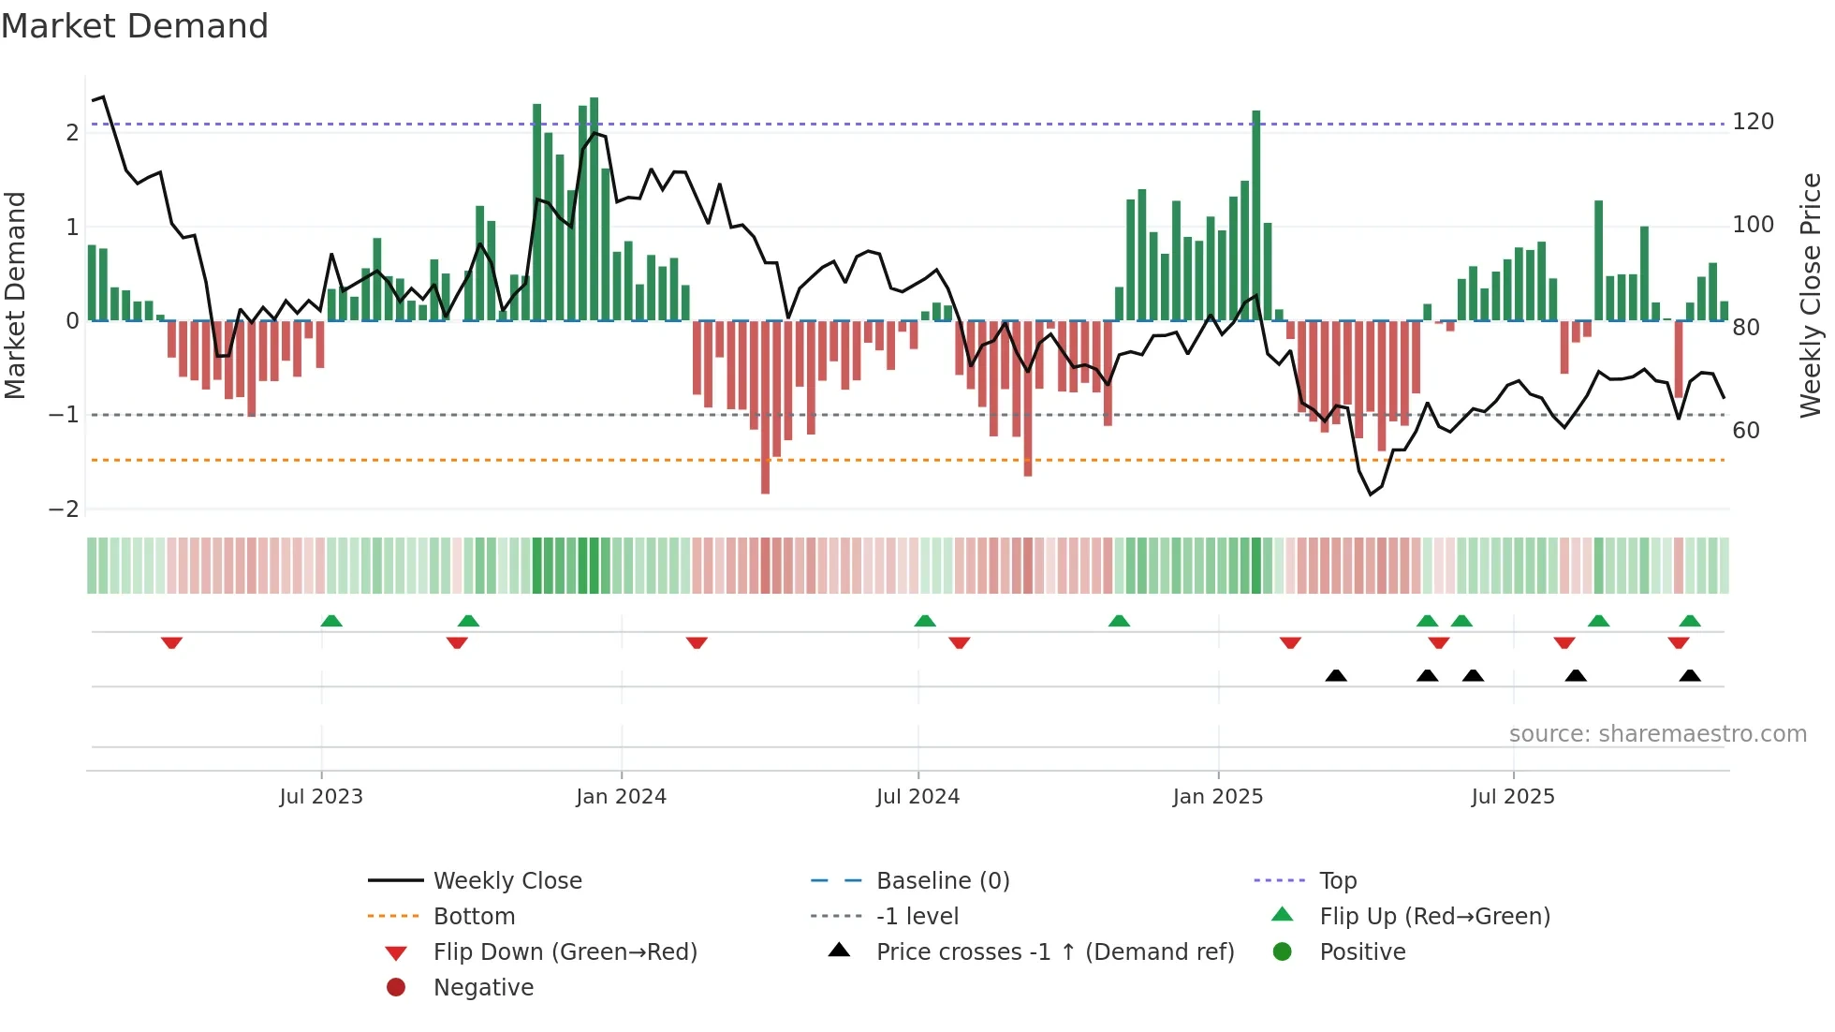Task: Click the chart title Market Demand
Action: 135,26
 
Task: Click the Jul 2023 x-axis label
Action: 320,797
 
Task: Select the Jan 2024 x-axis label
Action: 621,797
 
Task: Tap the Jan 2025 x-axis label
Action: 1217,797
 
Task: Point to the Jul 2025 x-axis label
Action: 1512,797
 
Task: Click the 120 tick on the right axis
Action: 1753,122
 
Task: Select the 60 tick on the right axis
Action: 1745,431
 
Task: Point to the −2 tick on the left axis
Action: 64,509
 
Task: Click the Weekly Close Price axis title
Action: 1811,295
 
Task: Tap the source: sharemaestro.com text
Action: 1657,734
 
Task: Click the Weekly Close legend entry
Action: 506,881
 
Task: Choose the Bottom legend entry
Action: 474,917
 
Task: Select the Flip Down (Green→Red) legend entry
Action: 565,952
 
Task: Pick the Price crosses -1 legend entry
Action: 1054,952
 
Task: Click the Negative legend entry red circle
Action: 396,988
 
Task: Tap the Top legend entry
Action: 1337,881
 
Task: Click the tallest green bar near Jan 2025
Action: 1255,215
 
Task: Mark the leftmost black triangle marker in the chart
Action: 1336,675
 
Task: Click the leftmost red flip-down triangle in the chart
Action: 171,643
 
